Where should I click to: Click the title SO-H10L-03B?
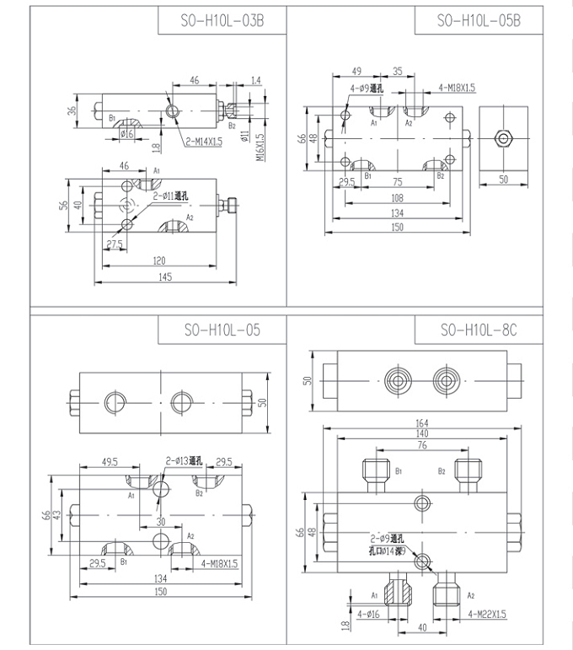pyautogui.click(x=222, y=21)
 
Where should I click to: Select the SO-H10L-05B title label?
pyautogui.click(x=479, y=21)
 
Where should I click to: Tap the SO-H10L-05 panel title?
pyautogui.click(x=222, y=330)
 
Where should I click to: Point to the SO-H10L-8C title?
pyautogui.click(x=479, y=330)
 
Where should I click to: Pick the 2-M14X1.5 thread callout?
pyautogui.click(x=205, y=142)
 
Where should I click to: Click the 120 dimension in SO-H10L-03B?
pyautogui.click(x=159, y=261)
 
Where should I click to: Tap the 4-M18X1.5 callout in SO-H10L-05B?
pyautogui.click(x=457, y=87)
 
